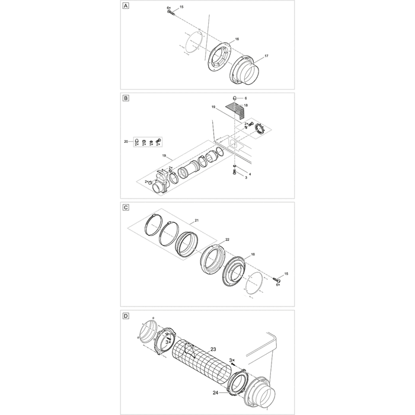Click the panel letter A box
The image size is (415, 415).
[125, 7]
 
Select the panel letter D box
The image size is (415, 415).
[125, 316]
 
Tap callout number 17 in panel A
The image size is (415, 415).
[266, 56]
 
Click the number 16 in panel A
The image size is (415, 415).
[237, 39]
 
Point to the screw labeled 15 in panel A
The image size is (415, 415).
[170, 11]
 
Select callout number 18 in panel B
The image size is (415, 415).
[246, 104]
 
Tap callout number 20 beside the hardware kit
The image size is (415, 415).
[126, 142]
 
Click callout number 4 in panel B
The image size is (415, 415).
[249, 173]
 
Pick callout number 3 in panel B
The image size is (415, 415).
[246, 178]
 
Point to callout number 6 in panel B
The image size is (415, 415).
[246, 97]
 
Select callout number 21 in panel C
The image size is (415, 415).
[196, 220]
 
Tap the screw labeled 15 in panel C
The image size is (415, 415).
[277, 279]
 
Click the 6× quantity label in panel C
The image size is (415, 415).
[278, 285]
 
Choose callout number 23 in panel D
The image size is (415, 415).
[213, 349]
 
